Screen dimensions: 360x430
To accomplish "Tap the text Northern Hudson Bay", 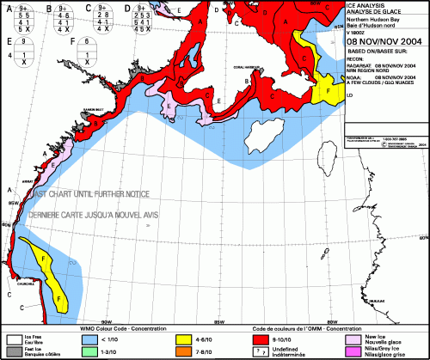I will (x=372, y=19).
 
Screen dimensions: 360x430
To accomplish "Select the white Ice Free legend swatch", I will (x=14, y=340).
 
